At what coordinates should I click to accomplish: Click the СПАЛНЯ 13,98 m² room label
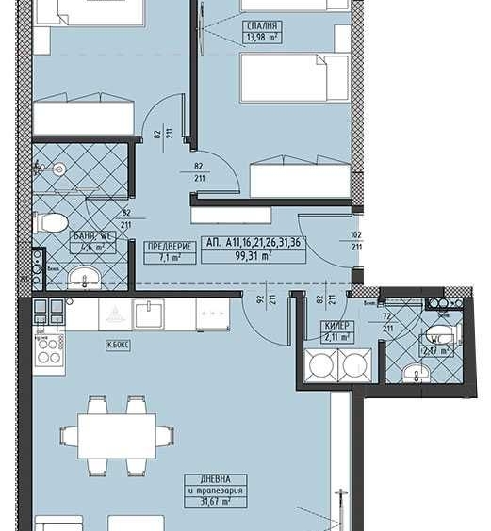(261, 31)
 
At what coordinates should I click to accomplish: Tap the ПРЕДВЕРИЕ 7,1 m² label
(170, 251)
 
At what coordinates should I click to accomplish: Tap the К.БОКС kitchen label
(119, 346)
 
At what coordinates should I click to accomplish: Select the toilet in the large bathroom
(52, 223)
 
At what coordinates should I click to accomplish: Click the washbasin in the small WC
(416, 373)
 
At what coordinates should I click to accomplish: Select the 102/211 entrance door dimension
(356, 241)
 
